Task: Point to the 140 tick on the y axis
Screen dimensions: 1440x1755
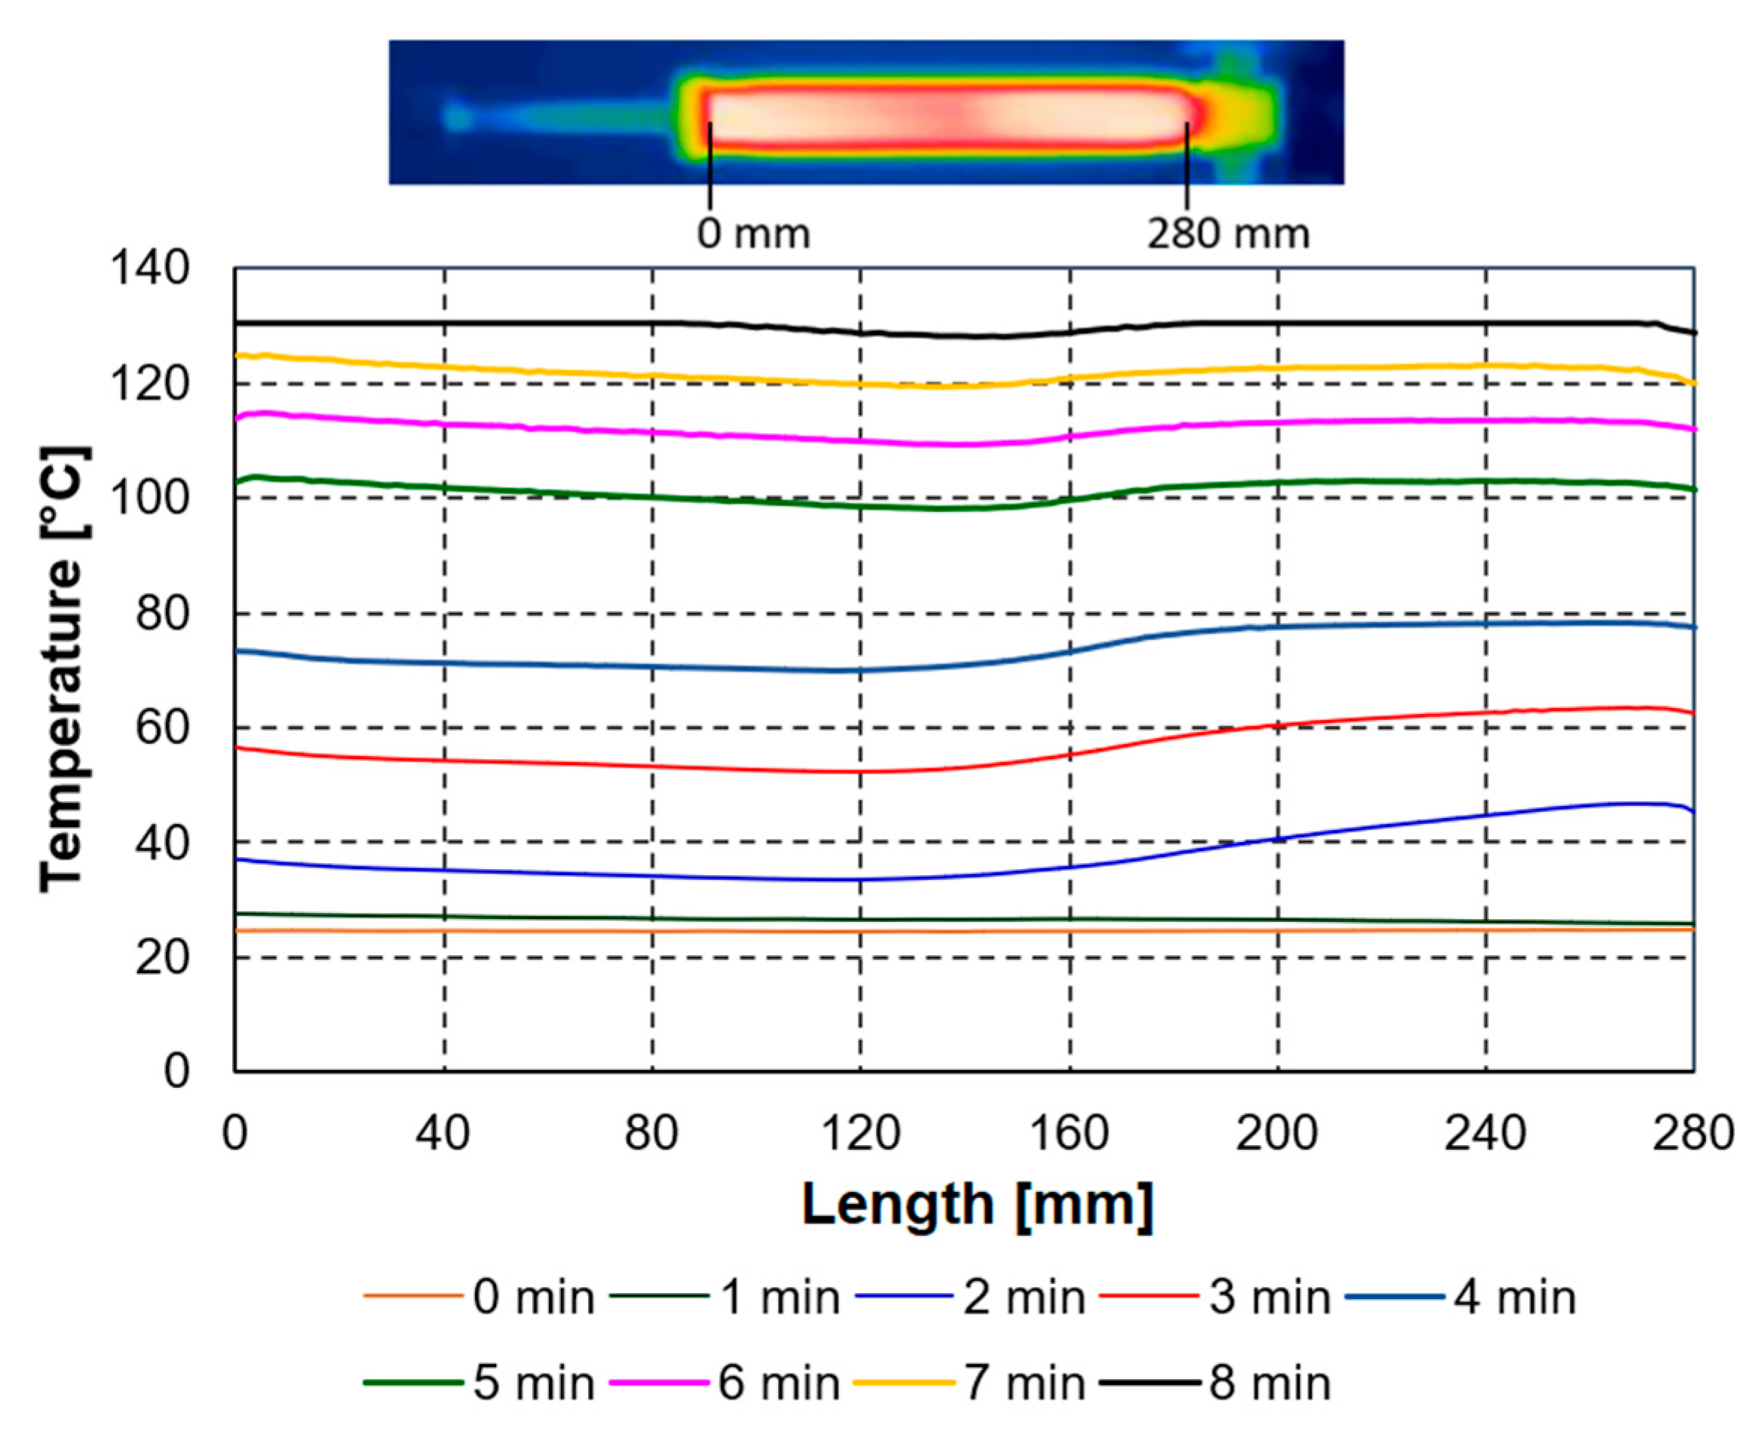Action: click(x=150, y=270)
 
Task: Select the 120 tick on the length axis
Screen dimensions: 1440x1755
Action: click(x=860, y=1133)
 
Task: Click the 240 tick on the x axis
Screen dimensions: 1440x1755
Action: click(x=1485, y=1133)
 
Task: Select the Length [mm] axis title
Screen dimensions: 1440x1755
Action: click(x=977, y=1205)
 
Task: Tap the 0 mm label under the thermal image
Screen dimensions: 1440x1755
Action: click(x=753, y=234)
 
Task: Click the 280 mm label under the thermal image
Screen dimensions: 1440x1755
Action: click(x=1227, y=234)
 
